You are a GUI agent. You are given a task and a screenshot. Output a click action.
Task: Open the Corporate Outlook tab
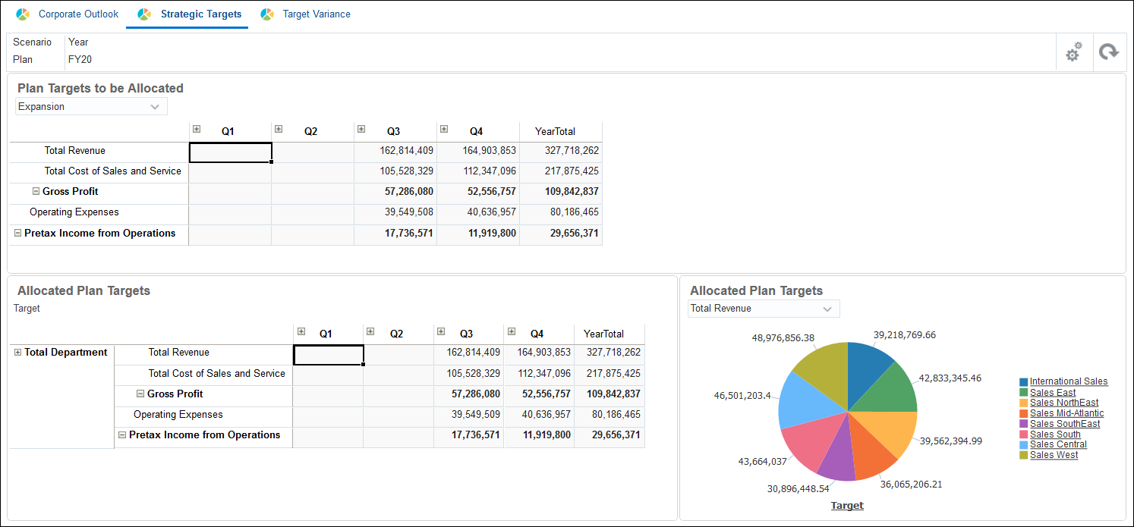coord(78,14)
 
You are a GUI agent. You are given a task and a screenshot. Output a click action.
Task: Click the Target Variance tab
coord(316,14)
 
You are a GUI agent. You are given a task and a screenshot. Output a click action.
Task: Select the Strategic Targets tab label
coord(200,14)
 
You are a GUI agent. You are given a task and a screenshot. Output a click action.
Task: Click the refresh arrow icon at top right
coord(1109,52)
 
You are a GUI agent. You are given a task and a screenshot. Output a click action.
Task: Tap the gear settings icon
coord(1073,52)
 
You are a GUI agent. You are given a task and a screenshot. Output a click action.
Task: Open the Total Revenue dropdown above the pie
coord(763,309)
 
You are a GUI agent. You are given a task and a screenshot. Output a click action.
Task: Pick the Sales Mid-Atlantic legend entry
coord(1066,413)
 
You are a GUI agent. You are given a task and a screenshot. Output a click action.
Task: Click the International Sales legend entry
coord(1068,381)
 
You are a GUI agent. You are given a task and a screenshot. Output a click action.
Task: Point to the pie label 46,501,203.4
coord(742,396)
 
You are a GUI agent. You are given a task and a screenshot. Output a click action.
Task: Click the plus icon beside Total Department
coord(17,353)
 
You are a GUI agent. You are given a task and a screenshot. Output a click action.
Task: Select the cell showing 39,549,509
coord(469,415)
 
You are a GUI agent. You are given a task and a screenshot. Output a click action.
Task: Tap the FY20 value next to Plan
coord(80,59)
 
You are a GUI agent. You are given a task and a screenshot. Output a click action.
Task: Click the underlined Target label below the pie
coord(847,506)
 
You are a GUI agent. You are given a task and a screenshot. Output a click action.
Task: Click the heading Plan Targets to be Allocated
coord(100,88)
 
